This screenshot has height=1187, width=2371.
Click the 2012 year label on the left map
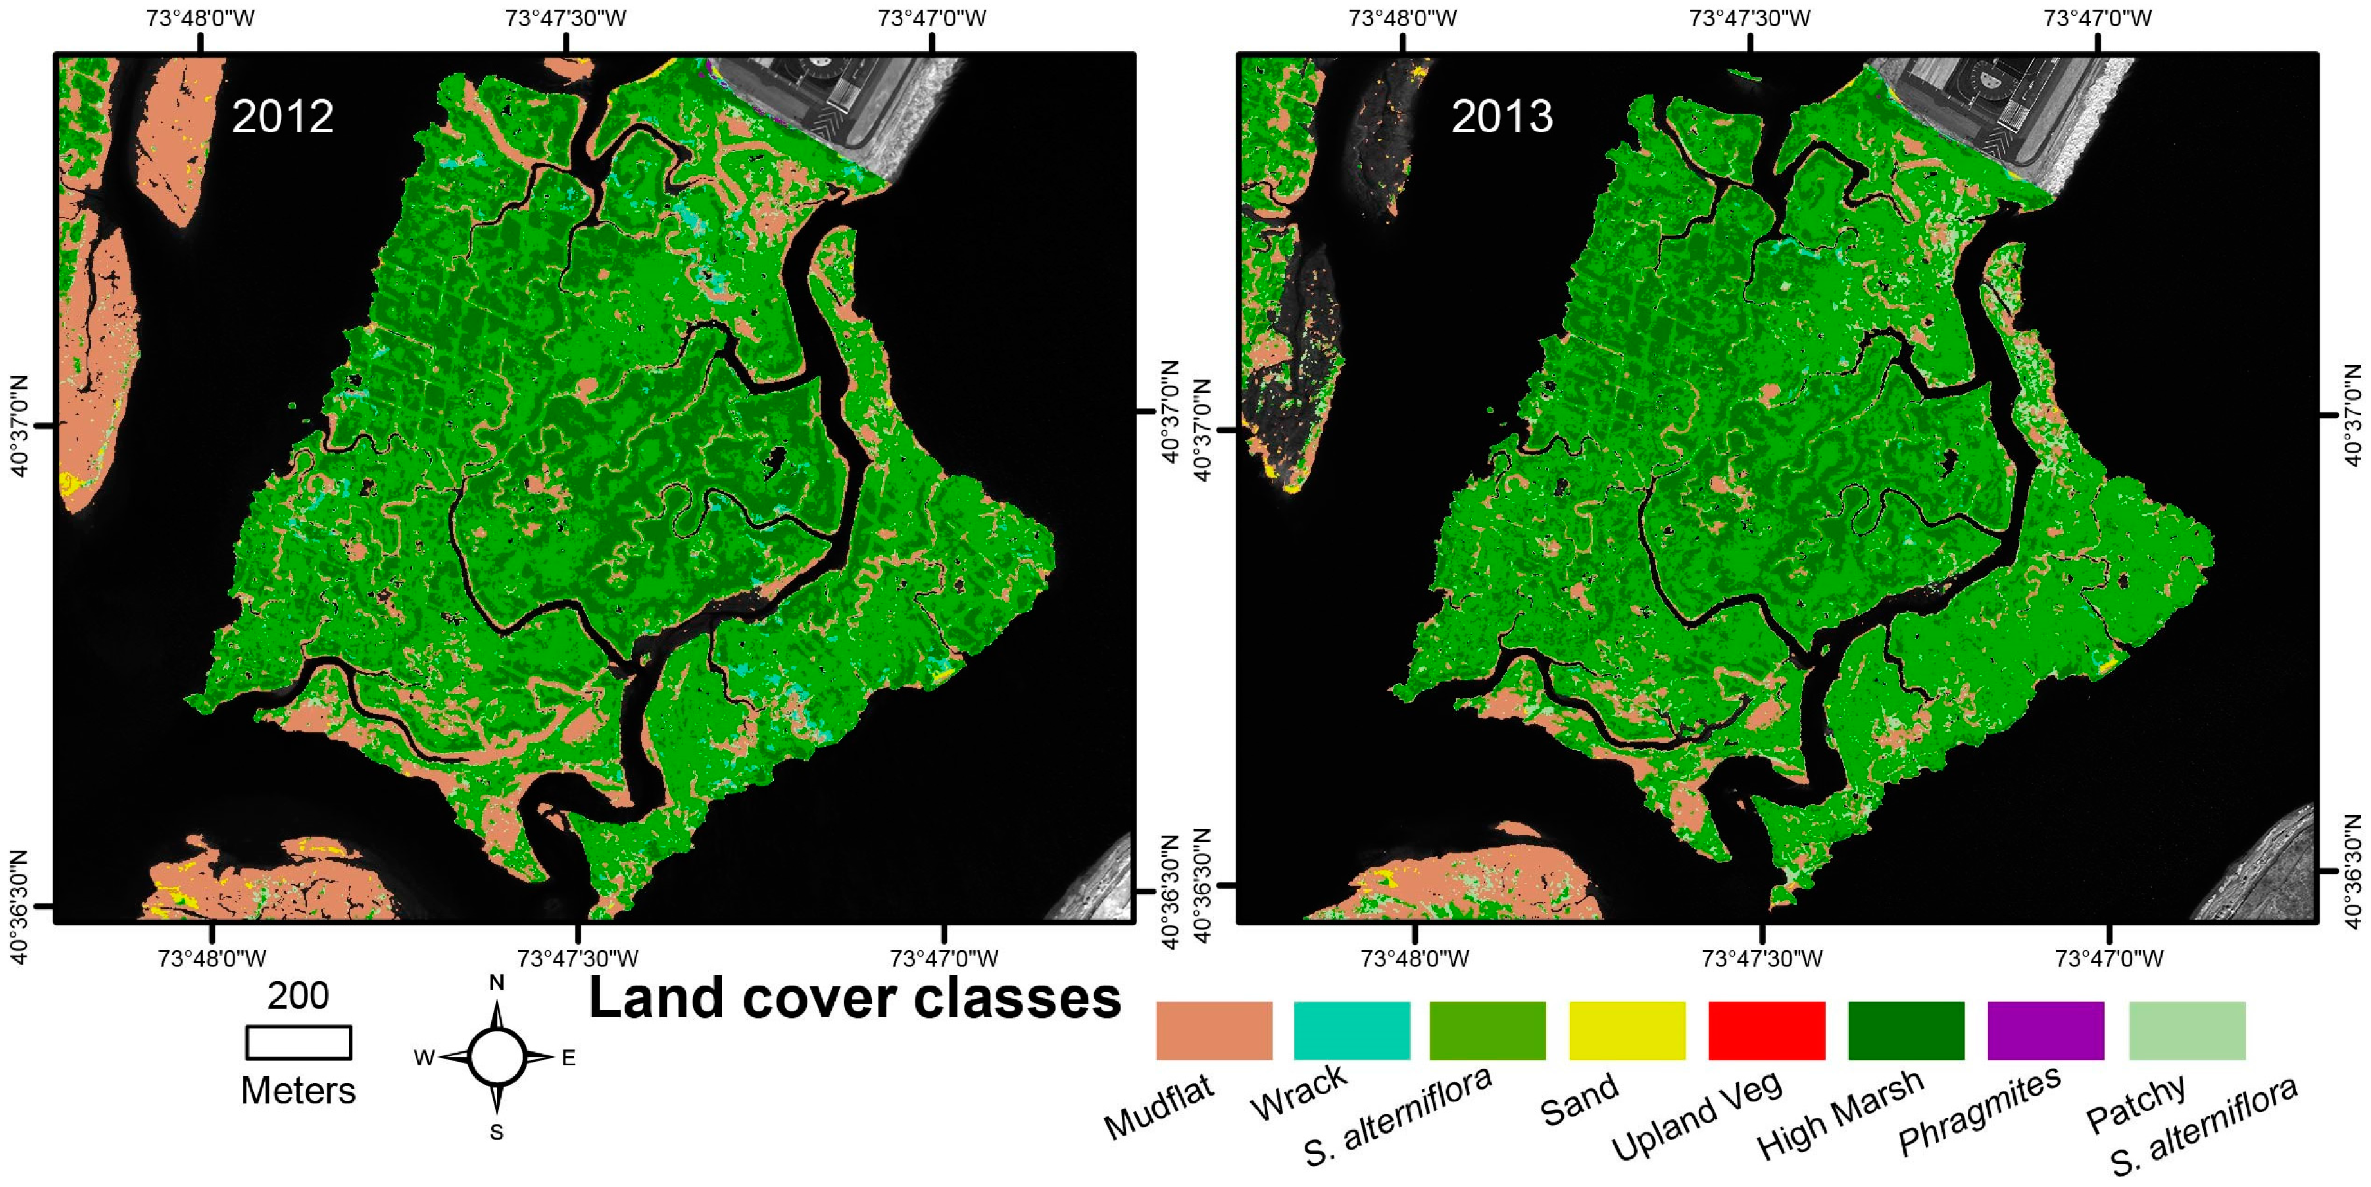click(x=282, y=117)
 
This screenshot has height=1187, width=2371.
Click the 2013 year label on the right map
click(x=1502, y=117)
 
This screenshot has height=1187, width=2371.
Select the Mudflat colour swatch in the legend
click(x=1213, y=1031)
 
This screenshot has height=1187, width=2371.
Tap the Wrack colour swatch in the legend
click(x=1351, y=1031)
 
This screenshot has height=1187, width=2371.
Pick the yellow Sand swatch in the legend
click(x=1626, y=1031)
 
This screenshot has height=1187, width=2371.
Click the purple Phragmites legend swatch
click(x=2045, y=1031)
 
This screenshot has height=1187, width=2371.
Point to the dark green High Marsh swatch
click(x=1905, y=1031)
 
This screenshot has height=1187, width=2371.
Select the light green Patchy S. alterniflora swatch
click(x=2187, y=1031)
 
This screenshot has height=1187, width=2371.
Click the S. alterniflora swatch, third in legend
click(x=1487, y=1031)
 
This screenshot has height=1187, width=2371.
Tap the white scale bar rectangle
click(x=298, y=1042)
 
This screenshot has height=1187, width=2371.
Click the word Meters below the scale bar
click(x=298, y=1091)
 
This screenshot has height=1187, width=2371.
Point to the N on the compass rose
click(x=496, y=983)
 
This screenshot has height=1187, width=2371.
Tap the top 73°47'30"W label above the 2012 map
click(x=565, y=19)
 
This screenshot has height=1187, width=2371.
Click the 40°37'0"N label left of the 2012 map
click(x=19, y=425)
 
